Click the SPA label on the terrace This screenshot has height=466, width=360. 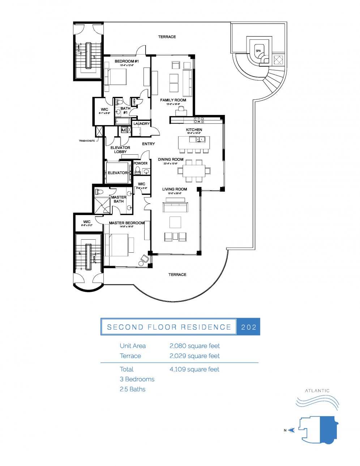(x=258, y=51)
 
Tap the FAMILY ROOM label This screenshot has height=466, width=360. (x=173, y=100)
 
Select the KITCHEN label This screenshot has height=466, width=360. (x=194, y=130)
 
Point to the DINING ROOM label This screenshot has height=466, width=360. (x=171, y=159)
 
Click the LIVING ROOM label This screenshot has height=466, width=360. (x=175, y=189)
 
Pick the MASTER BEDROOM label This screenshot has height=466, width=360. (x=127, y=223)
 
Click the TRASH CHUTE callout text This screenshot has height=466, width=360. (x=87, y=141)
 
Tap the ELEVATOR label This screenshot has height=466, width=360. (x=117, y=173)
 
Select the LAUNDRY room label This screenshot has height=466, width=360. (x=141, y=124)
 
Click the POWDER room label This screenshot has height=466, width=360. (x=141, y=163)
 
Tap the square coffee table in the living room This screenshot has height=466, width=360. (x=175, y=222)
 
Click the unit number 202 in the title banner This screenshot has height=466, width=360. (x=249, y=327)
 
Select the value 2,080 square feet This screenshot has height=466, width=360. (x=194, y=346)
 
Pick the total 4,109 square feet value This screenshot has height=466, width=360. (x=194, y=369)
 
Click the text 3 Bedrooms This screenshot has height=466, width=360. (x=137, y=379)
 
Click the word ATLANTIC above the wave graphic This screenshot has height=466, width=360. (x=317, y=391)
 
